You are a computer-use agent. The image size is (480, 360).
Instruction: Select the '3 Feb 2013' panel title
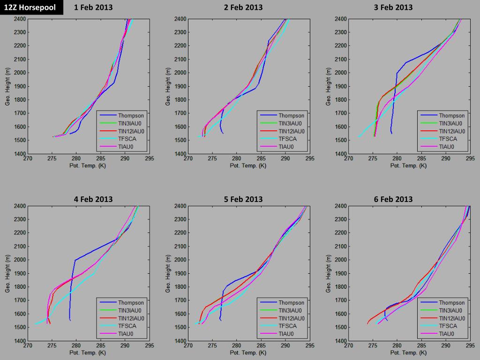(393, 7)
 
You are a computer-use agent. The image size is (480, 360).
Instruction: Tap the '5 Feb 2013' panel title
(243, 199)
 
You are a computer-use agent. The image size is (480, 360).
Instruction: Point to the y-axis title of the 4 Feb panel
(8, 273)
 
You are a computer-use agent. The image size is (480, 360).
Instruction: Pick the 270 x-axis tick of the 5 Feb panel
(188, 346)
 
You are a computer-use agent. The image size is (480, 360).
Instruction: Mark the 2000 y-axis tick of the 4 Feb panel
(19, 260)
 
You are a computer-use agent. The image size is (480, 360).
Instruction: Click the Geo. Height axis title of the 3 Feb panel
(329, 86)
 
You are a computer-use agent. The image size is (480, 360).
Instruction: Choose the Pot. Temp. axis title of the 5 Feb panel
(248, 352)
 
